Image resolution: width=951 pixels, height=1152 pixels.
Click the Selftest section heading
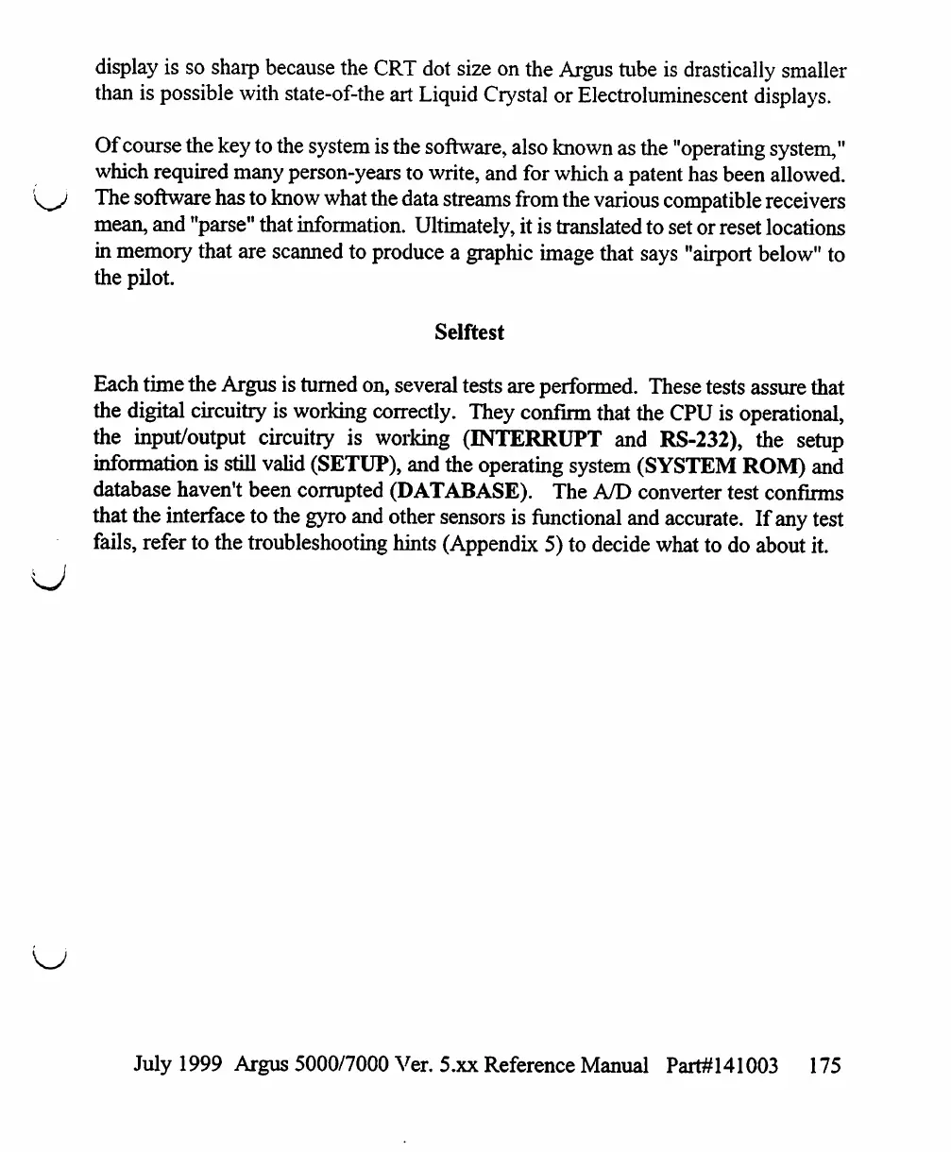pos(469,332)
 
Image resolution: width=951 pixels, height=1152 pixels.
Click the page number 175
pos(824,1066)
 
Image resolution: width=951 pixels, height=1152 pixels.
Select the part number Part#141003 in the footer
pos(722,1066)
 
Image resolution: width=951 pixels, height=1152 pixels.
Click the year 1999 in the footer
pos(201,1066)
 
